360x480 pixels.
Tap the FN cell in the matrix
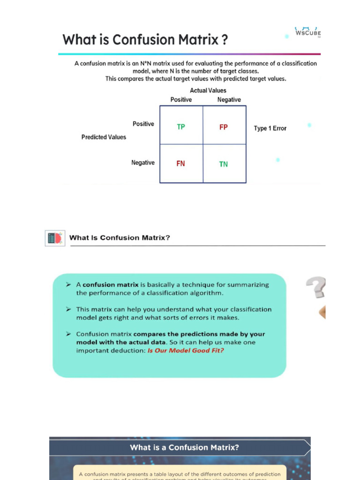[180, 164]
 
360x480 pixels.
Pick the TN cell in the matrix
[224, 164]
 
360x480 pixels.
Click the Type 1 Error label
[270, 128]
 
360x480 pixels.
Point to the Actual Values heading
[208, 90]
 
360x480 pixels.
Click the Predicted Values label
[104, 137]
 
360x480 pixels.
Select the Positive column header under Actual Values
[181, 100]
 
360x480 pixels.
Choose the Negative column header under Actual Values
[229, 100]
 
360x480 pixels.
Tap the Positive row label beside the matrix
[143, 124]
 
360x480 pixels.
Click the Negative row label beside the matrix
[142, 163]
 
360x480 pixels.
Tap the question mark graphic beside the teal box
[316, 287]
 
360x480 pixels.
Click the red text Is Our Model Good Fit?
[186, 351]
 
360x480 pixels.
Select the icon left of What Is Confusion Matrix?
[55, 238]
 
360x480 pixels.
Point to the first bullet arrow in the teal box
[68, 285]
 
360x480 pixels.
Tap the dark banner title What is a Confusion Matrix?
[184, 447]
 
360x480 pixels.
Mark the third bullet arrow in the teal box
[68, 334]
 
